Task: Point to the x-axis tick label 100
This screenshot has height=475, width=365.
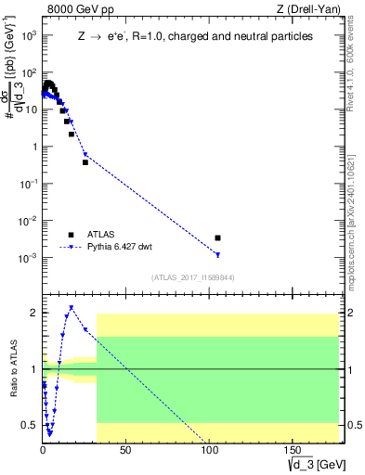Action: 208,450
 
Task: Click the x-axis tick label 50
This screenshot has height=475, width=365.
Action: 125,450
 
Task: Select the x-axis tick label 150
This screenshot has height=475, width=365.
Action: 291,450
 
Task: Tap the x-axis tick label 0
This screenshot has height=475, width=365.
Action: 43,450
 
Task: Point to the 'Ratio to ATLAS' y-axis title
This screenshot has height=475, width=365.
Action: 12,369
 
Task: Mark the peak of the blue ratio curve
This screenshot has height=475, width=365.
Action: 71,307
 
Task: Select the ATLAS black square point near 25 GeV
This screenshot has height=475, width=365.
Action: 85,162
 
